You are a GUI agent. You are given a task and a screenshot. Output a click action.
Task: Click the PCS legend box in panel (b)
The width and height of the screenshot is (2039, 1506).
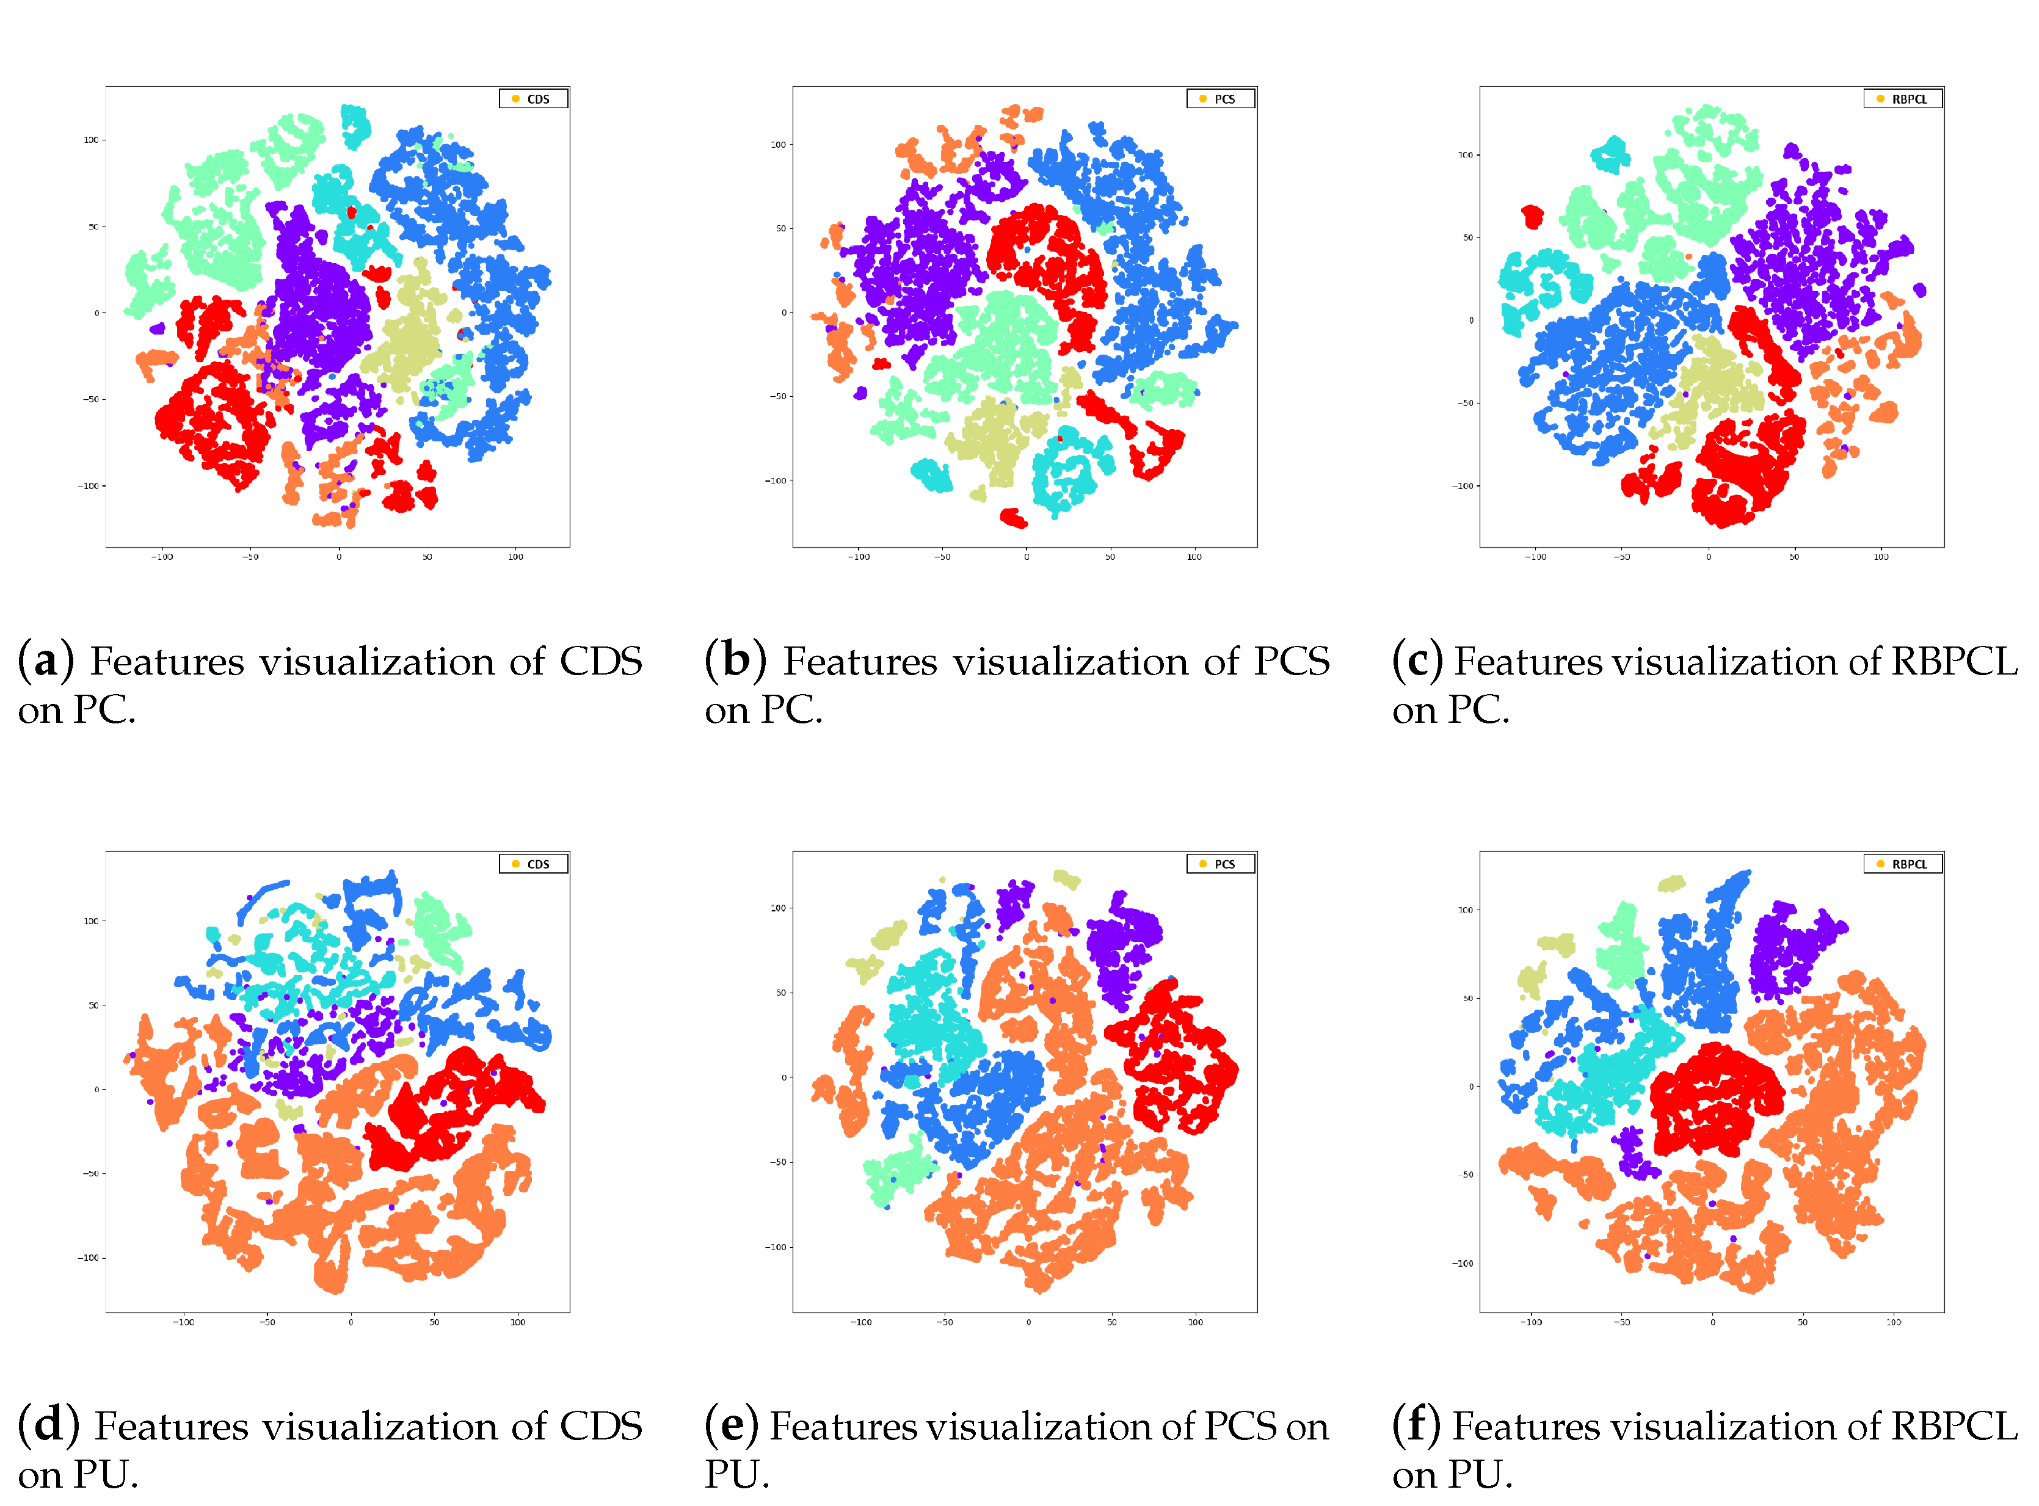(1219, 98)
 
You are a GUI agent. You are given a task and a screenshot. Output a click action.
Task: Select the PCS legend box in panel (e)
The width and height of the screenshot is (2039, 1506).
(1219, 863)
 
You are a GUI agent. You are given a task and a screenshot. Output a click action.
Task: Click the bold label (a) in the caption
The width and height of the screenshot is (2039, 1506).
(46, 661)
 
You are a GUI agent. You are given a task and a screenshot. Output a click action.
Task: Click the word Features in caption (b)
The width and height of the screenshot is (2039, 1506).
(860, 662)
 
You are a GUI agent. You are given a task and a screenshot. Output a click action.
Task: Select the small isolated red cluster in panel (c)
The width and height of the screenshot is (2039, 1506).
(1532, 217)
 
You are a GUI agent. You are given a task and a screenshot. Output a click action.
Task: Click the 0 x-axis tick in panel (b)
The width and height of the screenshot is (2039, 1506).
(1026, 557)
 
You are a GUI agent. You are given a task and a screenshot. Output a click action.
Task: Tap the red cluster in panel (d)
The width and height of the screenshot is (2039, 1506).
(456, 1107)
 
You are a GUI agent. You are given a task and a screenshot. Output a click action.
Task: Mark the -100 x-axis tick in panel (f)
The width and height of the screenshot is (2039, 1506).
(1532, 1322)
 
